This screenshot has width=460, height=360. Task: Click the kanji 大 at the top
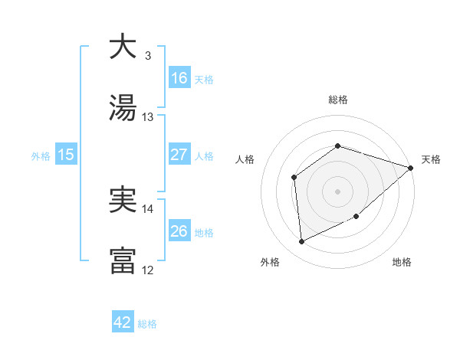(x=123, y=47)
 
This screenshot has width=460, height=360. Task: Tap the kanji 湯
(x=123, y=108)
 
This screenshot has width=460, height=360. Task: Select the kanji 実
(x=123, y=201)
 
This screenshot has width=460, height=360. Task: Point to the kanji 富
(x=123, y=261)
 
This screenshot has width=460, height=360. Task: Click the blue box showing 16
(x=179, y=77)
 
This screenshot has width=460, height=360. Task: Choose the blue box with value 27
(x=179, y=155)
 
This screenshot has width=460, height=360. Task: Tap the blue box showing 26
(x=179, y=231)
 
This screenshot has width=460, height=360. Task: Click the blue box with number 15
(x=66, y=155)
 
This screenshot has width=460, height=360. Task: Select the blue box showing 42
(x=123, y=322)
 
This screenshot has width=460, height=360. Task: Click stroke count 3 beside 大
(x=148, y=55)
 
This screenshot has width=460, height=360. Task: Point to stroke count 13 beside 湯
(x=148, y=116)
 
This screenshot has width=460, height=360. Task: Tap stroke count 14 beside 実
(x=148, y=208)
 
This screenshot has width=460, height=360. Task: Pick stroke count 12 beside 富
(x=148, y=270)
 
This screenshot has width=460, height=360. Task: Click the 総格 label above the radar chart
(x=338, y=100)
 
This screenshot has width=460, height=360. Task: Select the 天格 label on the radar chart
(x=431, y=160)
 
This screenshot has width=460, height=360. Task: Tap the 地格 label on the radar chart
(x=402, y=262)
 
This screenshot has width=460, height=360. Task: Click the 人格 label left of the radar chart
(x=245, y=160)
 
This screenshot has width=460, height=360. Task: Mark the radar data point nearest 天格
(x=411, y=168)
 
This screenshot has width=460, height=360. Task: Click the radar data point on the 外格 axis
(x=302, y=242)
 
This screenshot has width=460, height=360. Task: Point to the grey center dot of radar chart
(x=337, y=191)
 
